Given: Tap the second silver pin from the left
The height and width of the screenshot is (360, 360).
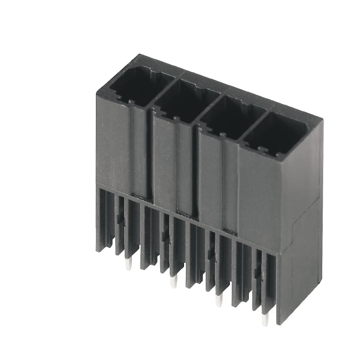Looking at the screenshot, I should (x=173, y=282).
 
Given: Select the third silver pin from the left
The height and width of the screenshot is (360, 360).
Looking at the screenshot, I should (x=219, y=301).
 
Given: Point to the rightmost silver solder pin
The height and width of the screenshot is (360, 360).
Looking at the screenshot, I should (x=265, y=319).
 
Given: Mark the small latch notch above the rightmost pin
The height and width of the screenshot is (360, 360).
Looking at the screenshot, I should (x=257, y=273).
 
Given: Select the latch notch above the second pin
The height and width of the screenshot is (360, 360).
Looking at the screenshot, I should (x=166, y=236).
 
